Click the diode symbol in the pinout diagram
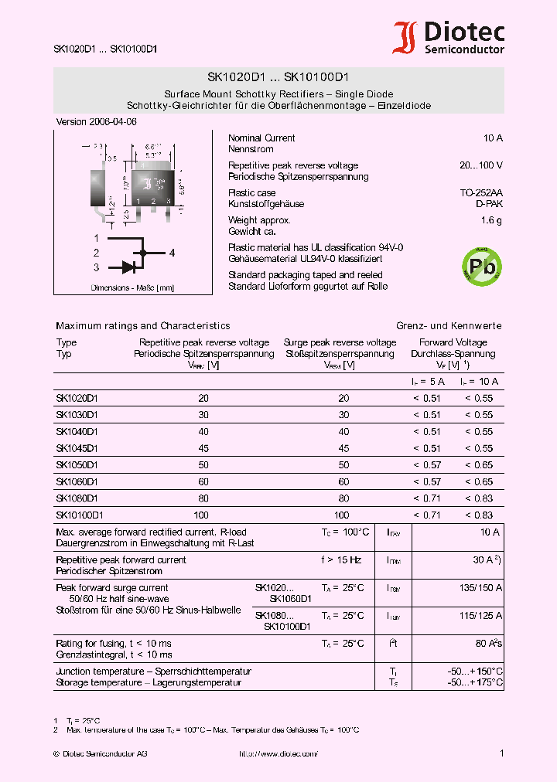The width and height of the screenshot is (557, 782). [x=128, y=267]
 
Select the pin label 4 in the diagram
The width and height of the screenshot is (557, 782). [x=172, y=253]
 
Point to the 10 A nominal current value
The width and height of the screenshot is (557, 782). [x=493, y=138]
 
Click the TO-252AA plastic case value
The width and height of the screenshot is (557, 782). [x=481, y=193]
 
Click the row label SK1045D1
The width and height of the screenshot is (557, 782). [x=77, y=448]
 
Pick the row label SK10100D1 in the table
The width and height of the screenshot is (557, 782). [x=79, y=515]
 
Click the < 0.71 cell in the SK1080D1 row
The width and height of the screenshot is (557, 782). [x=426, y=498]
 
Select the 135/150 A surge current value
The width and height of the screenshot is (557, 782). [x=480, y=588]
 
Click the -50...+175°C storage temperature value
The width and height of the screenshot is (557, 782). [x=475, y=682]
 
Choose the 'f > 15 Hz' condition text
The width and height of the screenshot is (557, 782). [x=342, y=560]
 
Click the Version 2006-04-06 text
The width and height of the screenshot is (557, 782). [x=97, y=122]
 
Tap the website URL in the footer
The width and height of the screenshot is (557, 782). [x=278, y=753]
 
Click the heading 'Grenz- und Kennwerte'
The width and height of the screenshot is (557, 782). [x=449, y=326]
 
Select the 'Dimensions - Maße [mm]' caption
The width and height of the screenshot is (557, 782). [x=132, y=287]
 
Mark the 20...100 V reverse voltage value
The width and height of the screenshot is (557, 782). [x=480, y=166]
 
